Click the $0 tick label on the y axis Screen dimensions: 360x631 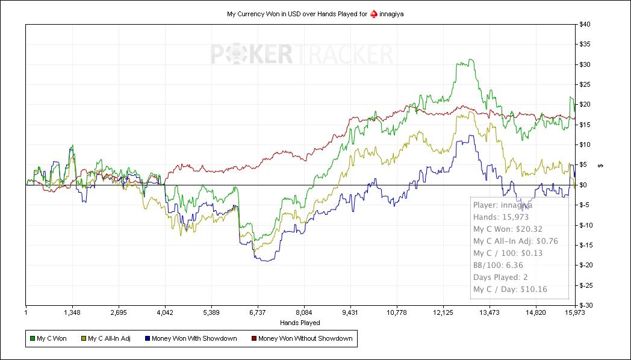click(583, 185)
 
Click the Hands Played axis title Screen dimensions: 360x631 click(300, 323)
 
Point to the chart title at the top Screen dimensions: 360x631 click(315, 13)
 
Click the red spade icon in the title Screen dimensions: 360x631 click(373, 13)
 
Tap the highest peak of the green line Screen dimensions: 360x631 click(470, 60)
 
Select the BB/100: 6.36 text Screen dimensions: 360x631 click(499, 265)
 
